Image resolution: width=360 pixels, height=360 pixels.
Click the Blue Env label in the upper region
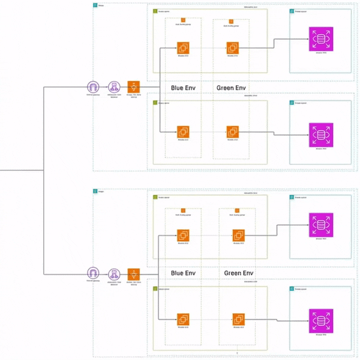pyautogui.click(x=183, y=88)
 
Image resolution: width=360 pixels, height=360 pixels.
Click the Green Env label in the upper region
pyautogui.click(x=231, y=88)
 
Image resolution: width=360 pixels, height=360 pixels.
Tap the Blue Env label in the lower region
pyautogui.click(x=183, y=273)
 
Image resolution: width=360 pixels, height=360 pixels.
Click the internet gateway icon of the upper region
pyautogui.click(x=93, y=88)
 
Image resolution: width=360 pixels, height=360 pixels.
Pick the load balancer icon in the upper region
pyautogui.click(x=113, y=88)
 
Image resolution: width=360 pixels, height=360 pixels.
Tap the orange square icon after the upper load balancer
pyautogui.click(x=134, y=88)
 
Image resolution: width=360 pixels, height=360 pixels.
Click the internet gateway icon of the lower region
pyautogui.click(x=93, y=274)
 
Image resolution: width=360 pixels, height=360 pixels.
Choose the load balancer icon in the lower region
pyautogui.click(x=113, y=274)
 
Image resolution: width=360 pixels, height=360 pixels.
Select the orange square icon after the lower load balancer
pyautogui.click(x=134, y=274)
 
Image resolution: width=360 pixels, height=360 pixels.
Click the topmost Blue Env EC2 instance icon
pyautogui.click(x=183, y=47)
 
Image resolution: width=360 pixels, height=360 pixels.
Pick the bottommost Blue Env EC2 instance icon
pyautogui.click(x=183, y=319)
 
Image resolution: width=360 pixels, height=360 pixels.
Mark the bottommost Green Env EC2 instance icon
pyautogui.click(x=238, y=319)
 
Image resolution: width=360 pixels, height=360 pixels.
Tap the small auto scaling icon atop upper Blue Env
pyautogui.click(x=183, y=21)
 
